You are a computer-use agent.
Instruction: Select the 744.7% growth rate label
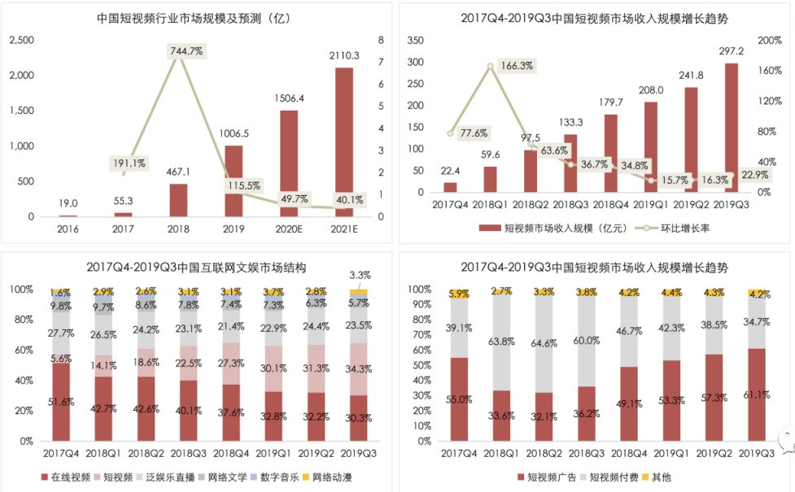(x=186, y=50)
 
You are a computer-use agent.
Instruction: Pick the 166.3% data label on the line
(x=517, y=65)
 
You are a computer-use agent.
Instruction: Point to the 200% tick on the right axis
(x=769, y=40)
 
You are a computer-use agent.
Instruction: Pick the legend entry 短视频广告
(x=549, y=477)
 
